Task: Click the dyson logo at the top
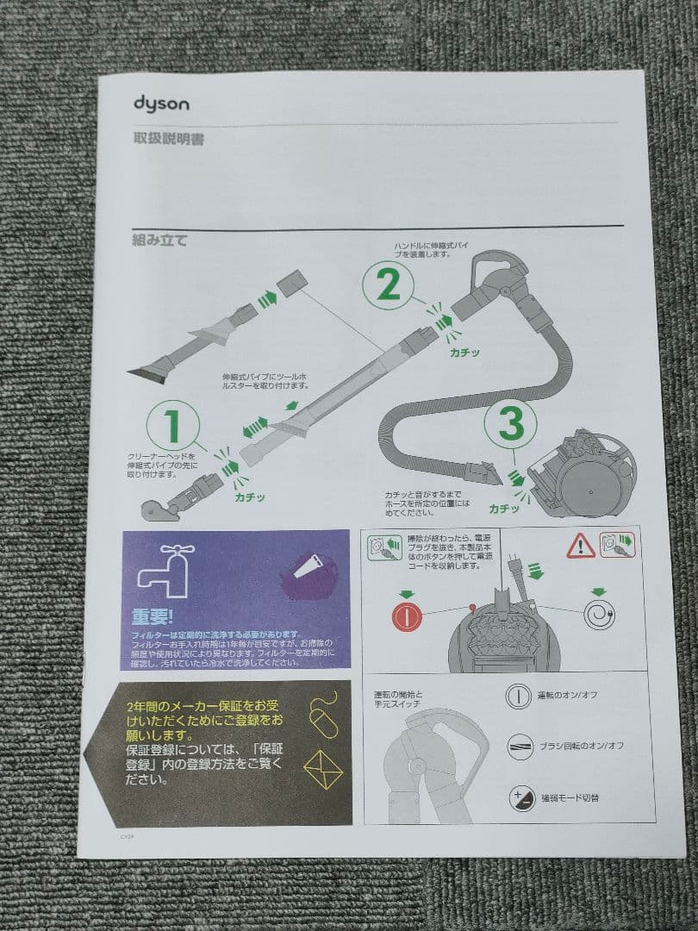pyautogui.click(x=161, y=104)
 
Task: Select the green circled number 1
pyautogui.click(x=172, y=426)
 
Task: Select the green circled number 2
pyautogui.click(x=389, y=285)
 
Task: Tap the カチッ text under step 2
pyautogui.click(x=464, y=353)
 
